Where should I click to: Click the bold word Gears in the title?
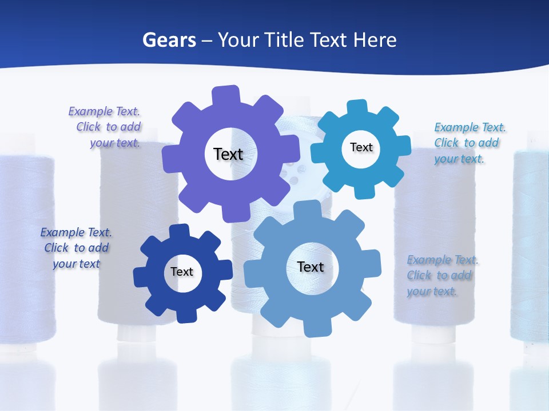[x=169, y=40]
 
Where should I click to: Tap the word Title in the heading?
[x=285, y=40]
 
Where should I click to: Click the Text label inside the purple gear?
[x=228, y=154]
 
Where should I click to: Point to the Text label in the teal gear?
[x=361, y=147]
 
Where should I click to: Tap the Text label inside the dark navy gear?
[x=182, y=272]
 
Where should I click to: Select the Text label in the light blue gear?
[x=311, y=267]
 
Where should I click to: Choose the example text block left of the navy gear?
[x=76, y=248]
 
